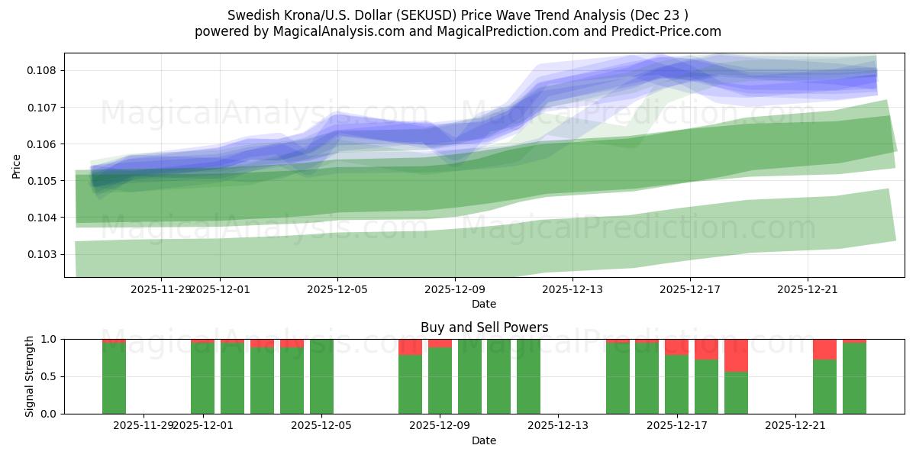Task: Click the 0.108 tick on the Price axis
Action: pyautogui.click(x=44, y=70)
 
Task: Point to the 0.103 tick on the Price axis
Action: pyautogui.click(x=44, y=254)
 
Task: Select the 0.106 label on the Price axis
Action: pyautogui.click(x=44, y=144)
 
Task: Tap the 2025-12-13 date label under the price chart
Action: pyautogui.click(x=572, y=289)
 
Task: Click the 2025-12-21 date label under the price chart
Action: pyautogui.click(x=808, y=289)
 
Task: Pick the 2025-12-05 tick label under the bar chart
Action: pyautogui.click(x=321, y=425)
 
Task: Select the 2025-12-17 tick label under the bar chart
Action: pyautogui.click(x=676, y=425)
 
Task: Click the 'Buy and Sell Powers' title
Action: pyautogui.click(x=484, y=327)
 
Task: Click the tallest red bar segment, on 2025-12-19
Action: pyautogui.click(x=736, y=355)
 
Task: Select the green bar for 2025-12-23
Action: pyautogui.click(x=854, y=379)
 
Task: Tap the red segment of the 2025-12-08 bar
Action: pyautogui.click(x=410, y=347)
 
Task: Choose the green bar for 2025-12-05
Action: pyautogui.click(x=321, y=376)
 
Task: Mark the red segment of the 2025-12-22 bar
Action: pyautogui.click(x=824, y=349)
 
